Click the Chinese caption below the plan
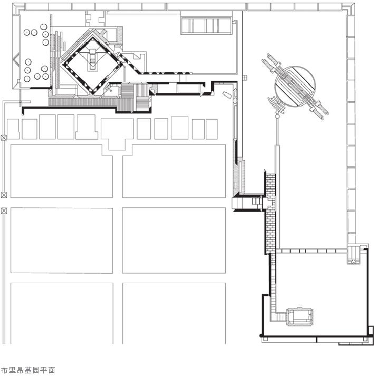click(28, 370)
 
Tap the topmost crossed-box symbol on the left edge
click(4, 138)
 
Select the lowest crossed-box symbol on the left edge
click(4, 211)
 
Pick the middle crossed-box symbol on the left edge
click(4, 195)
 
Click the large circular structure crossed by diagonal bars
click(295, 86)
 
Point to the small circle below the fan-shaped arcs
click(277, 117)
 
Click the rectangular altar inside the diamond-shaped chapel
click(93, 61)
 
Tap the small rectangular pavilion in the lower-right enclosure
click(300, 316)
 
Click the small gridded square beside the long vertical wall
click(245, 78)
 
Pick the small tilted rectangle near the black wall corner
click(227, 94)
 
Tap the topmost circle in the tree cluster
click(44, 26)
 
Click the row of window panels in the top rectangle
click(206, 26)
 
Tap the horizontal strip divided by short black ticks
click(311, 251)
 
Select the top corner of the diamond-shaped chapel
click(93, 37)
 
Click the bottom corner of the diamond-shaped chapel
click(92, 93)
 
